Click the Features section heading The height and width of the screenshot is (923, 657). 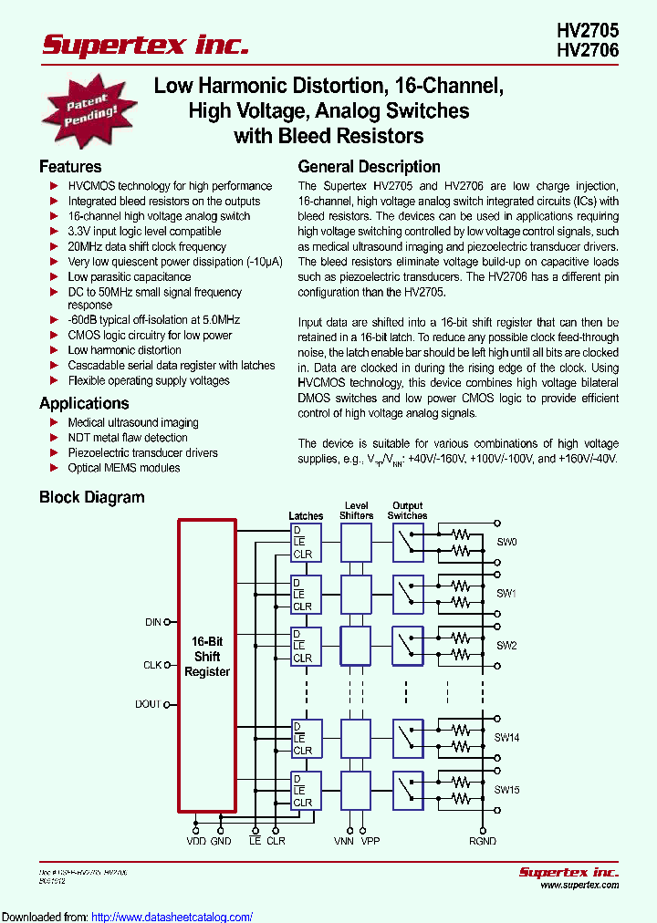point(70,167)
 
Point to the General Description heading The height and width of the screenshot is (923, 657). point(370,167)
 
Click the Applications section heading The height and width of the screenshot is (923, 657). point(84,403)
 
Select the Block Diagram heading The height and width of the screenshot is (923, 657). point(91,498)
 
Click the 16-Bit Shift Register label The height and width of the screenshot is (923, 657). point(207,657)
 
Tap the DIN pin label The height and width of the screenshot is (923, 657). point(153,622)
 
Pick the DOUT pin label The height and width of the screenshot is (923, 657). point(149,704)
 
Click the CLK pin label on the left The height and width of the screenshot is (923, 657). point(152,665)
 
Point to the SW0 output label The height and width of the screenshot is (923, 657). point(506,542)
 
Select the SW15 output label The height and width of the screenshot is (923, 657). point(507,790)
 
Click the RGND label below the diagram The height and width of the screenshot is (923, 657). point(483,841)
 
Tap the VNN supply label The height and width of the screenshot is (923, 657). point(344,841)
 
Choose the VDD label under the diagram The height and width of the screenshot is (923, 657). point(197,841)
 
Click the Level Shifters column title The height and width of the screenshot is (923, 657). point(356,510)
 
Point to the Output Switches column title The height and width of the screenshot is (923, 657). point(407,510)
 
